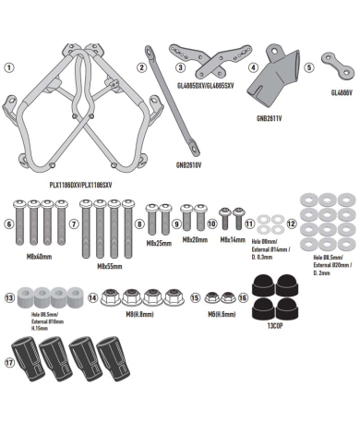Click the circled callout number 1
9,67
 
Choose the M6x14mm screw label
233,238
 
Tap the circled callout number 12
291,223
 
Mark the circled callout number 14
92,298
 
